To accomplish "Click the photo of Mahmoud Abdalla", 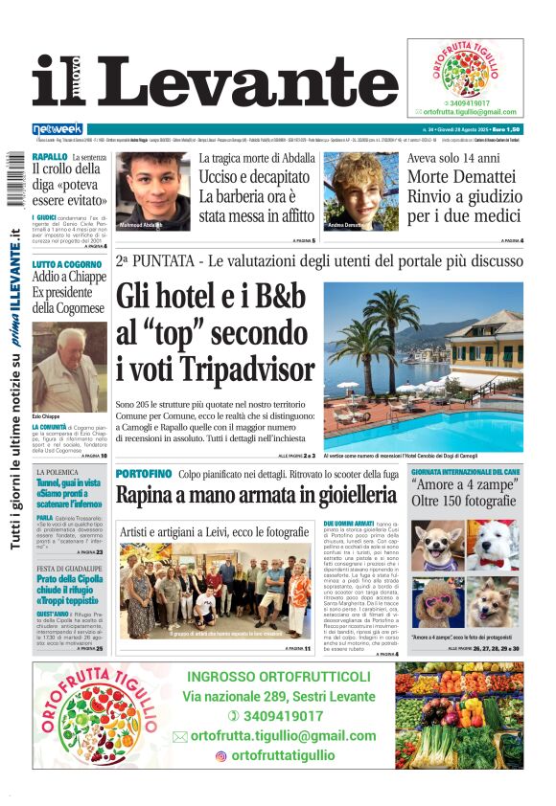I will coord(154,190).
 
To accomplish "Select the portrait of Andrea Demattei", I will coord(363,190).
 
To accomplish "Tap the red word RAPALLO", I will coord(50,156).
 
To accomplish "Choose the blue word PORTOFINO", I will coord(144,474).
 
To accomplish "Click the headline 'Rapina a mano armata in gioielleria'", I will coord(256,495).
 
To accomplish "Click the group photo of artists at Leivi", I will coord(215,592).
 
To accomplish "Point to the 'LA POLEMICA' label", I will coord(60,473).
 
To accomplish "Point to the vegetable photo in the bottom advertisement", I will coord(460,720).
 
